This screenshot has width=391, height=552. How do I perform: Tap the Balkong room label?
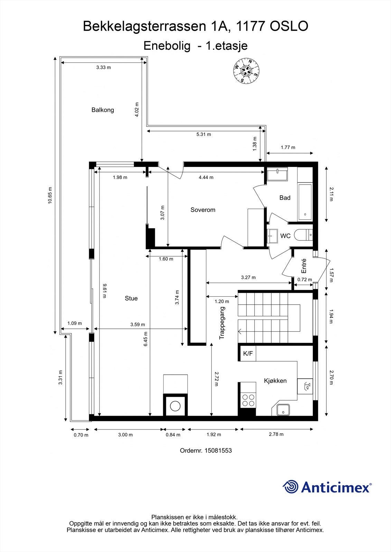click(x=103, y=110)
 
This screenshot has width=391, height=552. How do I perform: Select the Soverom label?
click(x=203, y=210)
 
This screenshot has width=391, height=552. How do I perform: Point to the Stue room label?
click(x=131, y=298)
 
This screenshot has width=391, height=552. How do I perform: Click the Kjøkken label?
click(x=275, y=381)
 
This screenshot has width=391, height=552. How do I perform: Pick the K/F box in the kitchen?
click(x=248, y=353)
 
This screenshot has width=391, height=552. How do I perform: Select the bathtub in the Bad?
click(x=305, y=202)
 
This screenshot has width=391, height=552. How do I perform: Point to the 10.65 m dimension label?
click(x=50, y=195)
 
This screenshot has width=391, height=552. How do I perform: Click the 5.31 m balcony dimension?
click(x=204, y=134)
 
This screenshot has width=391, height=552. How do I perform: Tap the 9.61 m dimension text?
click(x=104, y=291)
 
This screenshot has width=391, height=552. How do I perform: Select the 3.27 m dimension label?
click(x=248, y=277)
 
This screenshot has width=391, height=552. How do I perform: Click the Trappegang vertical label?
click(x=222, y=323)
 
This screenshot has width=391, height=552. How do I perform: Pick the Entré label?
click(x=304, y=266)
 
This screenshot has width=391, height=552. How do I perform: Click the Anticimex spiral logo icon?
click(x=290, y=486)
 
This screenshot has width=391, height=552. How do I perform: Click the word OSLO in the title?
click(x=289, y=26)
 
